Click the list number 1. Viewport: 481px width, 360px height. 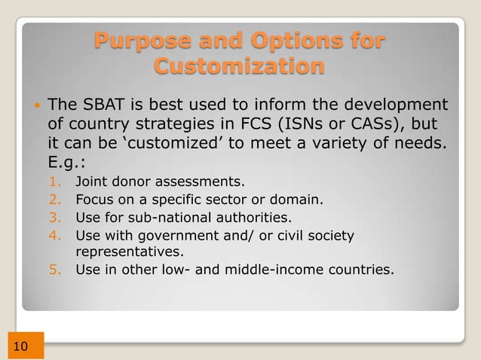pos(54,182)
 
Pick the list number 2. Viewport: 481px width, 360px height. pos(54,200)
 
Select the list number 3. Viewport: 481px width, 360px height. pos(54,218)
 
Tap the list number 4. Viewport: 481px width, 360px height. pos(54,236)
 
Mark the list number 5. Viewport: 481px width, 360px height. pos(54,269)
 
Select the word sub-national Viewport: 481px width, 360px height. pos(161,218)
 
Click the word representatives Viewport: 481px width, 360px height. pos(129,252)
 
